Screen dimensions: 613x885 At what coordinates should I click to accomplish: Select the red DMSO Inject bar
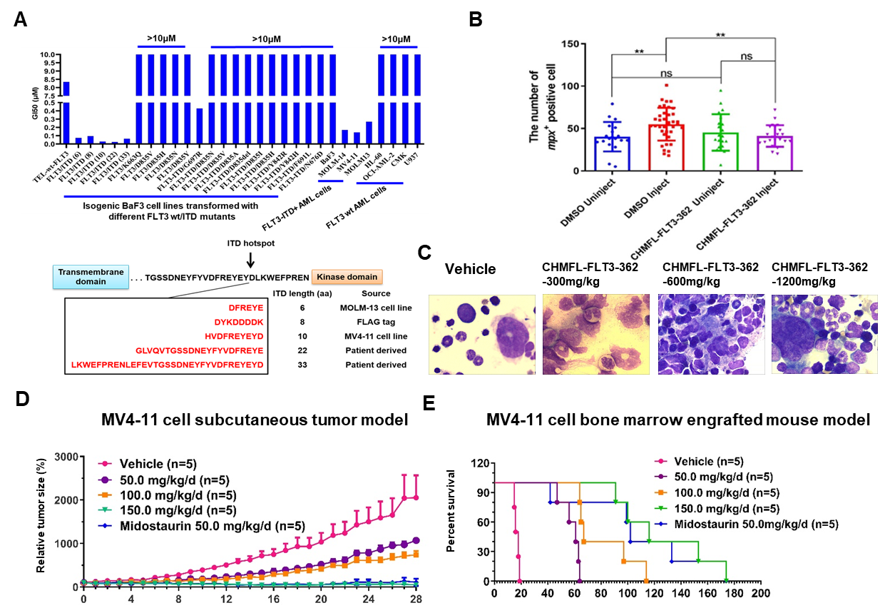(x=666, y=147)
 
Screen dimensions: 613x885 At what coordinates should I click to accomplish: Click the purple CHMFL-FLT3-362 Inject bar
(x=774, y=153)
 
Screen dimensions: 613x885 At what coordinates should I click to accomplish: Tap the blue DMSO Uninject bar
(x=612, y=153)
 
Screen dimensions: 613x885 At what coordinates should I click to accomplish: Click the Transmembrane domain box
(x=91, y=277)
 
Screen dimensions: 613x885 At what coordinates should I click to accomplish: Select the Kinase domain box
(x=347, y=276)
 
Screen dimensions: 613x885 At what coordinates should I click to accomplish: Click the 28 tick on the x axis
(x=416, y=599)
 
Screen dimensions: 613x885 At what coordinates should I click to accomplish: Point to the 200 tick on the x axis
(x=761, y=593)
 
